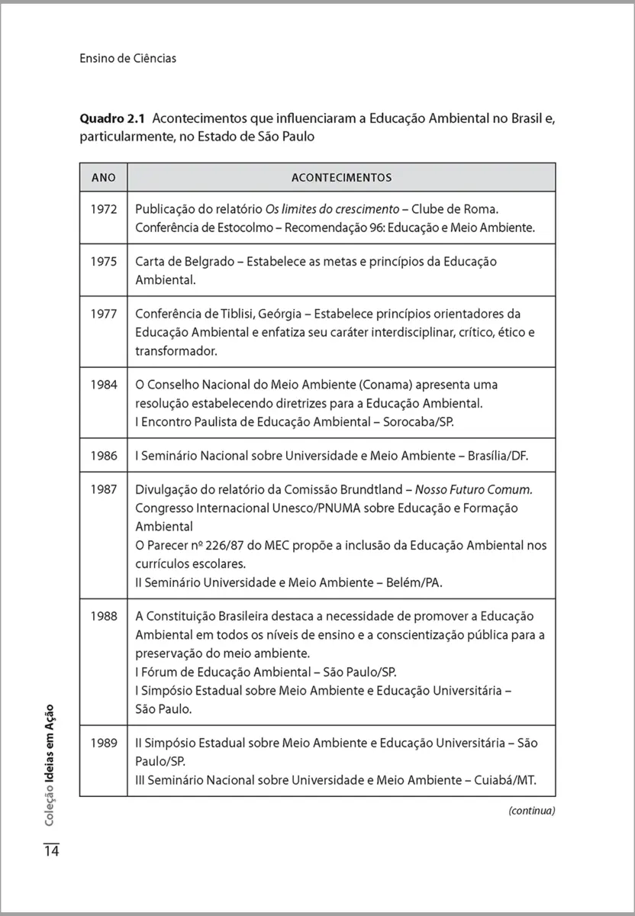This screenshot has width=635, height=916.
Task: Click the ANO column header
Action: tap(103, 178)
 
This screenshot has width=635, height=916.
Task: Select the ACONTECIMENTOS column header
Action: tap(341, 178)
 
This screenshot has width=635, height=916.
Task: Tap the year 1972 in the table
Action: tap(103, 208)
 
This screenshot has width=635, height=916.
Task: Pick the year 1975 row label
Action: tap(103, 261)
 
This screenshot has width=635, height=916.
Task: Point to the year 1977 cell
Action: tap(103, 314)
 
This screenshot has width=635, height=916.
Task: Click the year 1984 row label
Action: tap(103, 385)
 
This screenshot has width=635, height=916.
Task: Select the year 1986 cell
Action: tap(103, 456)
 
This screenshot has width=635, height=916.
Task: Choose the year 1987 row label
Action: tap(103, 489)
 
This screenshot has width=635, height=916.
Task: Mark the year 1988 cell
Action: tap(103, 616)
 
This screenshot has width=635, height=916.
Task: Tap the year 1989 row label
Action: tap(103, 742)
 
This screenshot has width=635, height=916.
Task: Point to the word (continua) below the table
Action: tap(531, 811)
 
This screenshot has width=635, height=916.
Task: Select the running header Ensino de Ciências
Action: tap(127, 58)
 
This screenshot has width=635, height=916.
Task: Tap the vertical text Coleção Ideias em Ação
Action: tap(50, 764)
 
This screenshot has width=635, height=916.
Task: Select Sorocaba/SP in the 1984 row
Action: tap(423, 422)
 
